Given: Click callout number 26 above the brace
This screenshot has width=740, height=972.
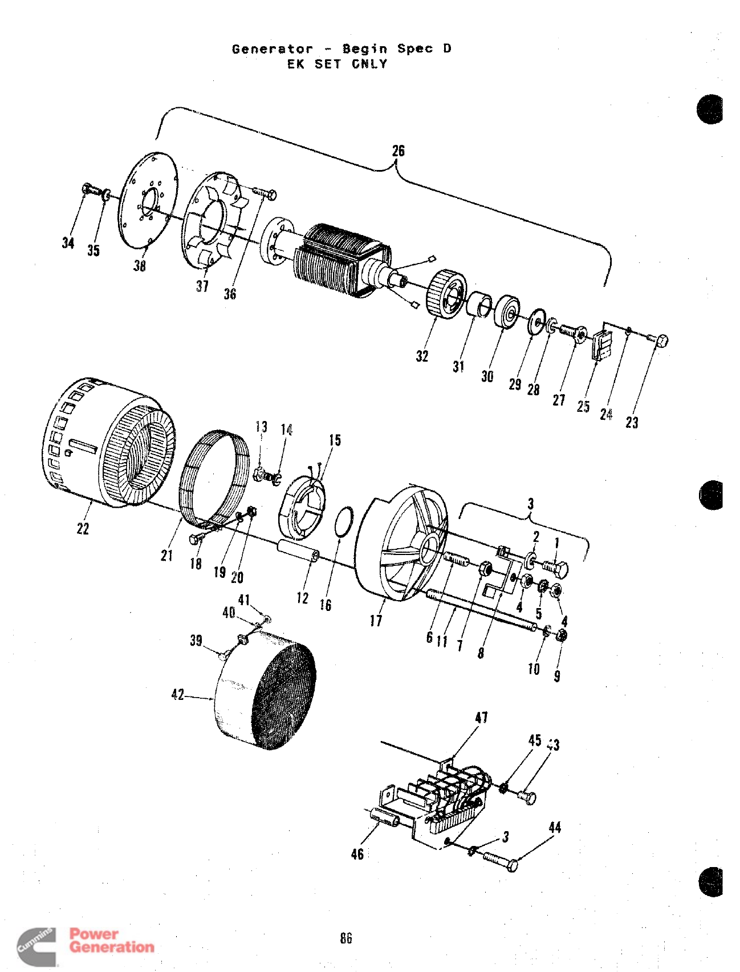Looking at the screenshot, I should coord(398,151).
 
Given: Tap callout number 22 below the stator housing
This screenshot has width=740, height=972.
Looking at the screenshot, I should coord(83,529).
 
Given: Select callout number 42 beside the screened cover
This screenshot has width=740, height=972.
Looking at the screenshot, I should coord(177,694).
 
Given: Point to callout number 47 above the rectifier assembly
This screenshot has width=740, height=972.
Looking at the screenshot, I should coord(481,717).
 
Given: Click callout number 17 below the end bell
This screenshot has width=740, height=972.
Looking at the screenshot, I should coord(376,620).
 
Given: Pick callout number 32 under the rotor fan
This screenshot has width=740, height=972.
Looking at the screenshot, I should coord(422,356).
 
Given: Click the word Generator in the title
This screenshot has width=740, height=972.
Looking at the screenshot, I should coord(273,49).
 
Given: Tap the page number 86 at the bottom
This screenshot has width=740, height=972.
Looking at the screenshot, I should coord(346,938).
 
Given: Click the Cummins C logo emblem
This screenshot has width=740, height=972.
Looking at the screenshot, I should coord(35,945).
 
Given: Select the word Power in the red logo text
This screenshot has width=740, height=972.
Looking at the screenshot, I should coord(94,934).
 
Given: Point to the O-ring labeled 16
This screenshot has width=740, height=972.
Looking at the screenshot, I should coord(343,521).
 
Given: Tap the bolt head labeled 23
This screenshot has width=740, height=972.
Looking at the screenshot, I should coord(661,341).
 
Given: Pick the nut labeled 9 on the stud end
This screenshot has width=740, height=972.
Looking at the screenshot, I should coord(561,635).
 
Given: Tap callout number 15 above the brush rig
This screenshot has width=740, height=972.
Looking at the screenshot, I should coord(335,440).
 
